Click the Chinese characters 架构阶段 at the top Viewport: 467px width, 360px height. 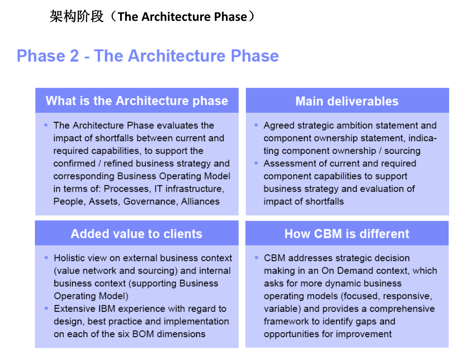click(x=76, y=17)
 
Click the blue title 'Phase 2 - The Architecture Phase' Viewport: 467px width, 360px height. click(x=147, y=56)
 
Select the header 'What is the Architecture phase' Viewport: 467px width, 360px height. click(x=137, y=101)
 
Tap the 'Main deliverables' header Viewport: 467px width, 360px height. click(x=347, y=101)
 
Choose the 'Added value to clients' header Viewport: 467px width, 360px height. click(x=136, y=234)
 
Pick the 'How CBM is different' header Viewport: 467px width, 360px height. click(x=347, y=234)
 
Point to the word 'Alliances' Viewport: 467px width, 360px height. click(x=200, y=202)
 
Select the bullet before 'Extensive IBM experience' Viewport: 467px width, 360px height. click(x=47, y=308)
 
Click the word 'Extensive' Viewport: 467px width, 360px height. click(x=73, y=309)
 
